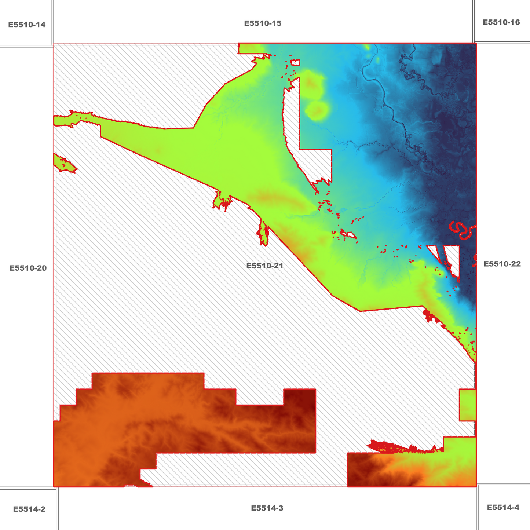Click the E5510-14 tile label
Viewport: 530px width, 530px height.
click(x=27, y=25)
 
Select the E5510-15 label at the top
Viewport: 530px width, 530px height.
click(x=263, y=23)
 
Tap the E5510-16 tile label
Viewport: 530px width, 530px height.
click(x=501, y=22)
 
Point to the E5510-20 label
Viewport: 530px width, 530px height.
click(x=28, y=268)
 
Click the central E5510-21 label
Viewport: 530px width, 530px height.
click(x=264, y=266)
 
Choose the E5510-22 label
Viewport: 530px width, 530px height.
click(x=502, y=264)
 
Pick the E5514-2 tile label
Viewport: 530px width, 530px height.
click(x=29, y=509)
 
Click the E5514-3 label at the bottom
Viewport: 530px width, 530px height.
click(x=267, y=508)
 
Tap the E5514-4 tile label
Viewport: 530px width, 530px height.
click(x=503, y=507)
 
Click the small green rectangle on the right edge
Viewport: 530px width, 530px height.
click(x=468, y=405)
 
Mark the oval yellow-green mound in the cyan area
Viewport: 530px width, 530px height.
click(x=317, y=110)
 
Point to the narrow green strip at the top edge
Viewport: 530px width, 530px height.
click(x=251, y=48)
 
